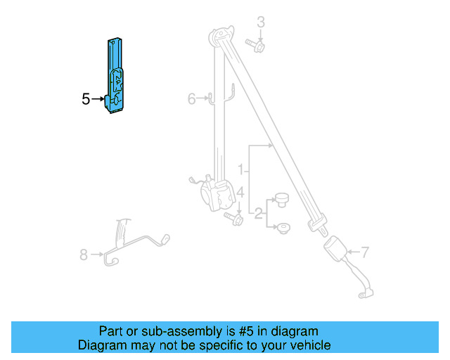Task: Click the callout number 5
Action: tap(86, 99)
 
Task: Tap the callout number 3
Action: tap(260, 22)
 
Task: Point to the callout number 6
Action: tap(191, 99)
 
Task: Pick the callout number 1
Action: tap(240, 169)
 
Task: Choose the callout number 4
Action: tap(240, 192)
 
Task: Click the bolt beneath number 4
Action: tap(234, 219)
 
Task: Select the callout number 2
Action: tap(258, 213)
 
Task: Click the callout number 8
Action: tap(84, 255)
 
